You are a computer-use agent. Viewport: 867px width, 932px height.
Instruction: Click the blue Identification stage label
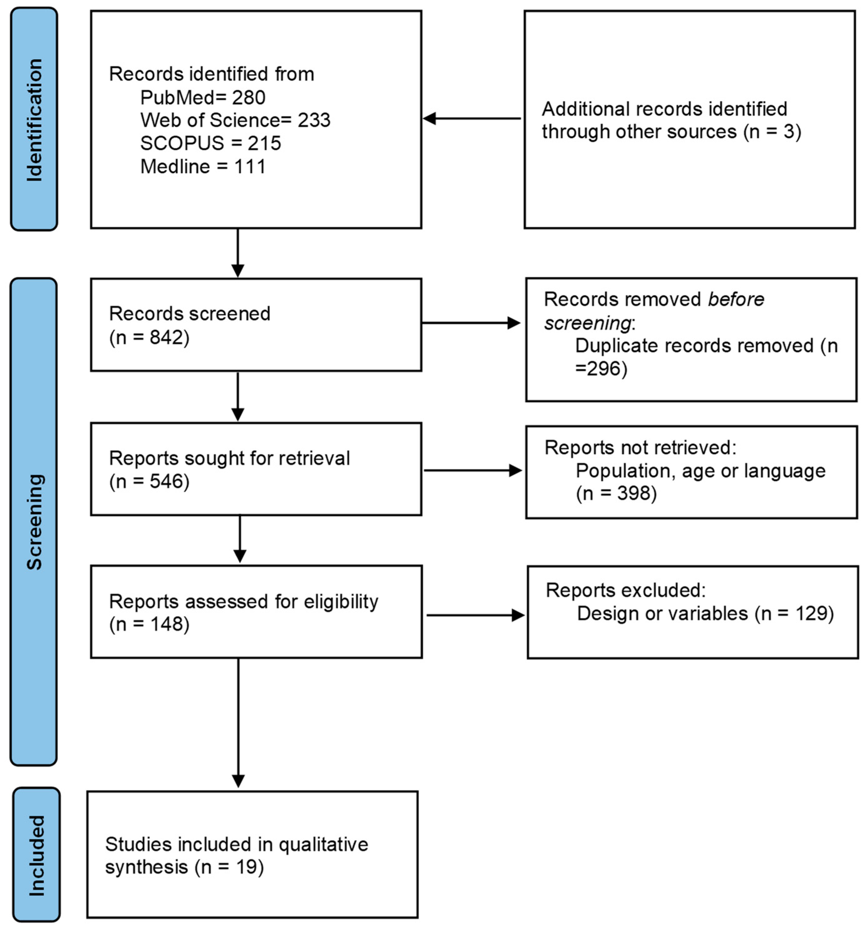34,120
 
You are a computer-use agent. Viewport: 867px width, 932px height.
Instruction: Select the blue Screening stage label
34,521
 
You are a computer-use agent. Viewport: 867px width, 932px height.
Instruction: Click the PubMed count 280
248,98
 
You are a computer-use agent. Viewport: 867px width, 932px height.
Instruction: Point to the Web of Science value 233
314,120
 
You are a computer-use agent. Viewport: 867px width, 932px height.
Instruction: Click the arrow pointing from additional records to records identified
471,119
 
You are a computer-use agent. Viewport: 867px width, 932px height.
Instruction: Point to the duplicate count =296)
601,369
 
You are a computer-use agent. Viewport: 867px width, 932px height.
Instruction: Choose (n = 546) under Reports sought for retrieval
149,481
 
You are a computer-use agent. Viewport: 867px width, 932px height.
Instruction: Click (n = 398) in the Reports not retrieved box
616,493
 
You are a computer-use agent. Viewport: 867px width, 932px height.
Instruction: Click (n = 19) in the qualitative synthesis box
229,867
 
